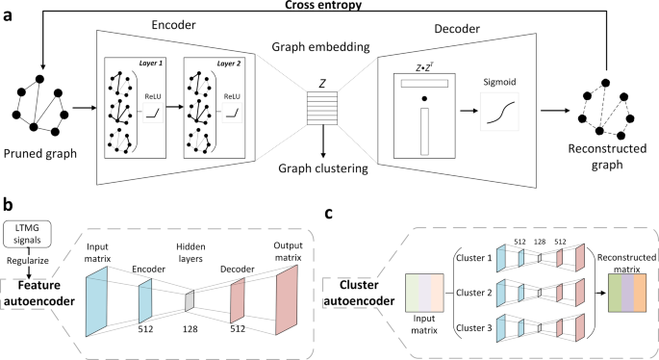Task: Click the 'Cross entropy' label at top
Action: click(329, 7)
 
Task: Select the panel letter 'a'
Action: click(8, 17)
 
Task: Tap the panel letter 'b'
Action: click(8, 206)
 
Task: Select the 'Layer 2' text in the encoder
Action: click(226, 63)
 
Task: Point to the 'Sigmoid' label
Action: click(499, 84)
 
